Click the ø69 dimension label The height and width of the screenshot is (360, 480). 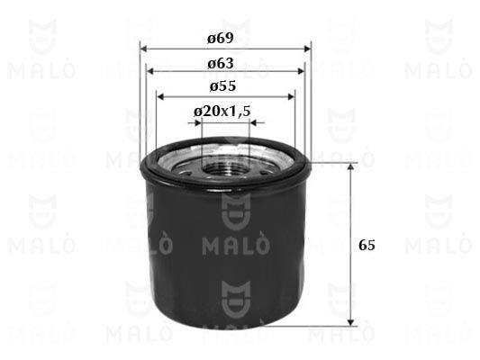pos(221,38)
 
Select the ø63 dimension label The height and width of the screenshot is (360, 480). pos(221,63)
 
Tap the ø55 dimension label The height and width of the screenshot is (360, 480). pos(222,85)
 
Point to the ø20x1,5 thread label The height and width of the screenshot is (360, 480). pos(222,112)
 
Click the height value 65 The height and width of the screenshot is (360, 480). pos(367,245)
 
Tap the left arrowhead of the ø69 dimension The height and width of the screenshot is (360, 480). pos(144,49)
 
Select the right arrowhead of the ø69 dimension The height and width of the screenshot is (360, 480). pos(307,49)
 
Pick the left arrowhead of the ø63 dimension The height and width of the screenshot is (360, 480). pos(149,72)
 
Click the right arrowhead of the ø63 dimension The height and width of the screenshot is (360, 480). pos(301,72)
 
